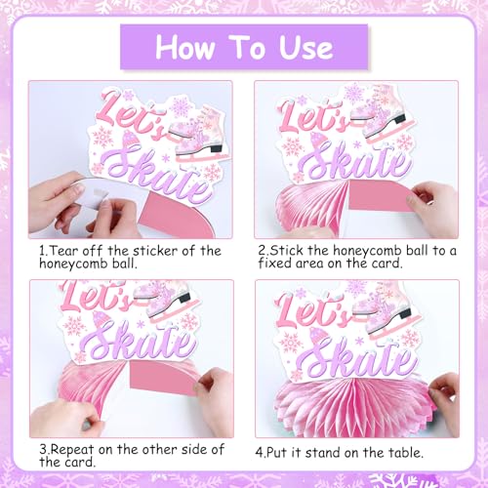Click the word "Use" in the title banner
tap(306, 48)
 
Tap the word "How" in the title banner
tap(184, 48)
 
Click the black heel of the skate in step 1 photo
tap(216, 148)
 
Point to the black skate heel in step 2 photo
tap(400, 119)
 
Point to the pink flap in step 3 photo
tap(164, 377)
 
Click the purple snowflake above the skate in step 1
tap(181, 106)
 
